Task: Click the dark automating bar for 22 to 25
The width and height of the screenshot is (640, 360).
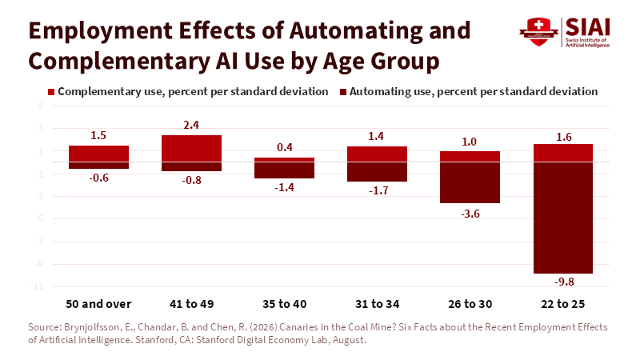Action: [563, 218]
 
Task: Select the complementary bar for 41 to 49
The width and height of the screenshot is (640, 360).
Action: [191, 149]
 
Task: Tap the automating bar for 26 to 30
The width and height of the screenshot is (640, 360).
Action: [470, 182]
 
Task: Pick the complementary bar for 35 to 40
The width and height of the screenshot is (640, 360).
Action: [285, 159]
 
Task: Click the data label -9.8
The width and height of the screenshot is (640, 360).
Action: [564, 282]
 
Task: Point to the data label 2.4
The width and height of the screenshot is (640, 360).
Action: [191, 125]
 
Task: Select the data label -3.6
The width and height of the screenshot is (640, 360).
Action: [470, 214]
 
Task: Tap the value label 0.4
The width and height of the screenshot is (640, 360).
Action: [285, 147]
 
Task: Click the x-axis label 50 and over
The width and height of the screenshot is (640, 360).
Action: [98, 304]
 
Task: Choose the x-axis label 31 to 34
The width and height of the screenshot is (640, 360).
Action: [377, 304]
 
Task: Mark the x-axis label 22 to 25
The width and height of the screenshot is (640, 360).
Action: [563, 304]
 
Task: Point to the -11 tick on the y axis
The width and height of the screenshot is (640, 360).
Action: [37, 286]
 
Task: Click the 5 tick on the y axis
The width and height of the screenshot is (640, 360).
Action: [41, 106]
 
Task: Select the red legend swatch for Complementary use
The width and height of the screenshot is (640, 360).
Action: [51, 92]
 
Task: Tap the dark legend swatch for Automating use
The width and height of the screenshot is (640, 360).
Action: [343, 92]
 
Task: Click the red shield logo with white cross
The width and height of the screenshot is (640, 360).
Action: [538, 31]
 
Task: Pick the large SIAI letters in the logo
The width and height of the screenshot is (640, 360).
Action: [587, 27]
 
